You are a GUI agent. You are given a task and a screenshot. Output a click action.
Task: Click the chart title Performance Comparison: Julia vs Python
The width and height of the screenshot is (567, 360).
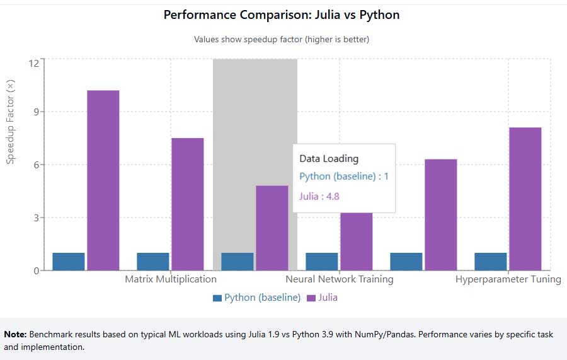[282, 15]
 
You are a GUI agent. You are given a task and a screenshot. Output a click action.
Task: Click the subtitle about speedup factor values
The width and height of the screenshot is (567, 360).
[282, 39]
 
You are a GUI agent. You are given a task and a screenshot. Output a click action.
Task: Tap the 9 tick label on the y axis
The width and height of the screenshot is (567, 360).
[35, 112]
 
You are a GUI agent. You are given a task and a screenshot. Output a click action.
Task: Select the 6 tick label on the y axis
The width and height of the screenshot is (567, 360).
[35, 165]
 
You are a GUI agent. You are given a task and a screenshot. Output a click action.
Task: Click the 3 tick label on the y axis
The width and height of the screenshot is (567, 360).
[35, 218]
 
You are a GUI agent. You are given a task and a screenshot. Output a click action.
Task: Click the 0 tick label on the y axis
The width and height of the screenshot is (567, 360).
[35, 271]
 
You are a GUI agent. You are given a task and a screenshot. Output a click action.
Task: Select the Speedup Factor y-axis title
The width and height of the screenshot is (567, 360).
[10, 122]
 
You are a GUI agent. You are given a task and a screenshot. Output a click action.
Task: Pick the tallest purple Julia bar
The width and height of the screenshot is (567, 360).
[103, 180]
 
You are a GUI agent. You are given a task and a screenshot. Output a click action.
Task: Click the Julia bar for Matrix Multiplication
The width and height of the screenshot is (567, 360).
[187, 204]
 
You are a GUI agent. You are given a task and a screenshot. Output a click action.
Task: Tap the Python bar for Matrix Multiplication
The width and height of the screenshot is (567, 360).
[153, 262]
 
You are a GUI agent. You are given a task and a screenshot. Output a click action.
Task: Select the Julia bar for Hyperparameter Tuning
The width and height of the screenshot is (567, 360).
[525, 199]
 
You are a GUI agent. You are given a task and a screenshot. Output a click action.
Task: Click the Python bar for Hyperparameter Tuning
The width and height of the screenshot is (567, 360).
[491, 262]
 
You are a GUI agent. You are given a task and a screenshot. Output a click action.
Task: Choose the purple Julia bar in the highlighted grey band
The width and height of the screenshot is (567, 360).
[272, 228]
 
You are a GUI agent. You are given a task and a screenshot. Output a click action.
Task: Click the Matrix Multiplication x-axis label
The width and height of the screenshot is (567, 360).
[171, 279]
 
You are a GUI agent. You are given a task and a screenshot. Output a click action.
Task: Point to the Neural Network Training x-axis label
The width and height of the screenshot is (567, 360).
[340, 279]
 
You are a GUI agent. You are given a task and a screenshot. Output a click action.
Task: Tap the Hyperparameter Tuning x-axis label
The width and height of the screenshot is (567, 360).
[508, 279]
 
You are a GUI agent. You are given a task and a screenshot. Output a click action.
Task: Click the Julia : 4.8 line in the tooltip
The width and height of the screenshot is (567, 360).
[319, 196]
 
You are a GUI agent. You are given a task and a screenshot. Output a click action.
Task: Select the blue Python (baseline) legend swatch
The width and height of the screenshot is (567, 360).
[217, 298]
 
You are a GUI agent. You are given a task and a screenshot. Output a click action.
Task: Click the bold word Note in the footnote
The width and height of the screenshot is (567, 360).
[15, 335]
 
